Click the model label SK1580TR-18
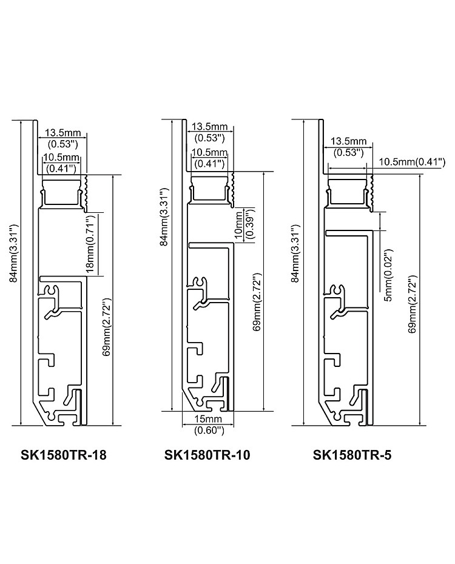click(64, 455)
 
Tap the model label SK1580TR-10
click(207, 455)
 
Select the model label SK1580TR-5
click(352, 455)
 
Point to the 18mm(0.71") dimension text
click(90, 244)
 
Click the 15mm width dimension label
click(209, 419)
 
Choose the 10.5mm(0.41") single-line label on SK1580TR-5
click(412, 162)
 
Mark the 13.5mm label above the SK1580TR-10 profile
click(210, 127)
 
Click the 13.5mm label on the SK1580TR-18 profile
click(63, 133)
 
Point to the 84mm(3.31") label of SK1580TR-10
click(164, 217)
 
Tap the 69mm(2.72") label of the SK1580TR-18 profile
click(106, 327)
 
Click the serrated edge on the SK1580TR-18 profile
click(86, 193)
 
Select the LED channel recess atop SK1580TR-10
click(209, 188)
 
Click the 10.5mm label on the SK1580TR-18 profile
click(61, 157)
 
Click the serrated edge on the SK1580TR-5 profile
click(371, 192)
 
